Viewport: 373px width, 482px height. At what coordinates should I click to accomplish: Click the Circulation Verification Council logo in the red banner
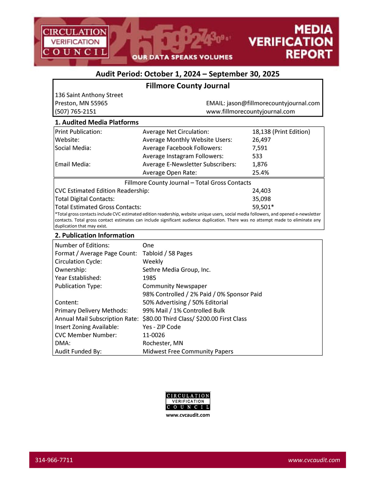tap(75, 42)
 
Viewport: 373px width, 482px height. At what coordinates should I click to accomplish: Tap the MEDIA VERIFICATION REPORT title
tap(291, 42)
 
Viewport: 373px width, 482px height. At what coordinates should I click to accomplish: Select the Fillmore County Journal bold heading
tap(187, 86)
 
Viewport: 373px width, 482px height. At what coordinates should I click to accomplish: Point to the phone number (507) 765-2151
tap(76, 111)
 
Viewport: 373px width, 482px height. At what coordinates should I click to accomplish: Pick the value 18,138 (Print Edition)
tap(281, 132)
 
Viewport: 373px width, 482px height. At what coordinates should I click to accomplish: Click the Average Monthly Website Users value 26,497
tap(261, 140)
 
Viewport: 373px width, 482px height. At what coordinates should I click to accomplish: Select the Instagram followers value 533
tap(257, 156)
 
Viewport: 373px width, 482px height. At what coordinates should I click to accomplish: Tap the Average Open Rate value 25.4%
tap(260, 173)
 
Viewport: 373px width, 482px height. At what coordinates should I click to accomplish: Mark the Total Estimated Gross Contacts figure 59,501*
tap(263, 207)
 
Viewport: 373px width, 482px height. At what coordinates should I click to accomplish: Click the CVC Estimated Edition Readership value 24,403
tap(261, 191)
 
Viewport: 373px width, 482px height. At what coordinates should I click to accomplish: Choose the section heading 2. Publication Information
tap(94, 235)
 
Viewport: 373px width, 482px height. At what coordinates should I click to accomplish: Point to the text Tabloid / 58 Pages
tap(167, 253)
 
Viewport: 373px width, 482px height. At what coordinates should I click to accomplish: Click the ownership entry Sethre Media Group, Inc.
tap(177, 270)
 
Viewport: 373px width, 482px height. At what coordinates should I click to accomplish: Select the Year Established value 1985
tap(149, 278)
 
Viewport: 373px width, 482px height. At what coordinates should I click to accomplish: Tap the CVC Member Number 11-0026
tap(154, 335)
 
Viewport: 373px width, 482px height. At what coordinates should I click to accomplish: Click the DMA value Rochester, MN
tap(163, 343)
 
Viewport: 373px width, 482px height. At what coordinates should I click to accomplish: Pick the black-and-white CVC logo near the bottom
tap(188, 401)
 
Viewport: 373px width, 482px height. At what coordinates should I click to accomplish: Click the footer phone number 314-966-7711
tap(54, 460)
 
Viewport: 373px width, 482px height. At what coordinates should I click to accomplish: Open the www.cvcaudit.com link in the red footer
tap(314, 460)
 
